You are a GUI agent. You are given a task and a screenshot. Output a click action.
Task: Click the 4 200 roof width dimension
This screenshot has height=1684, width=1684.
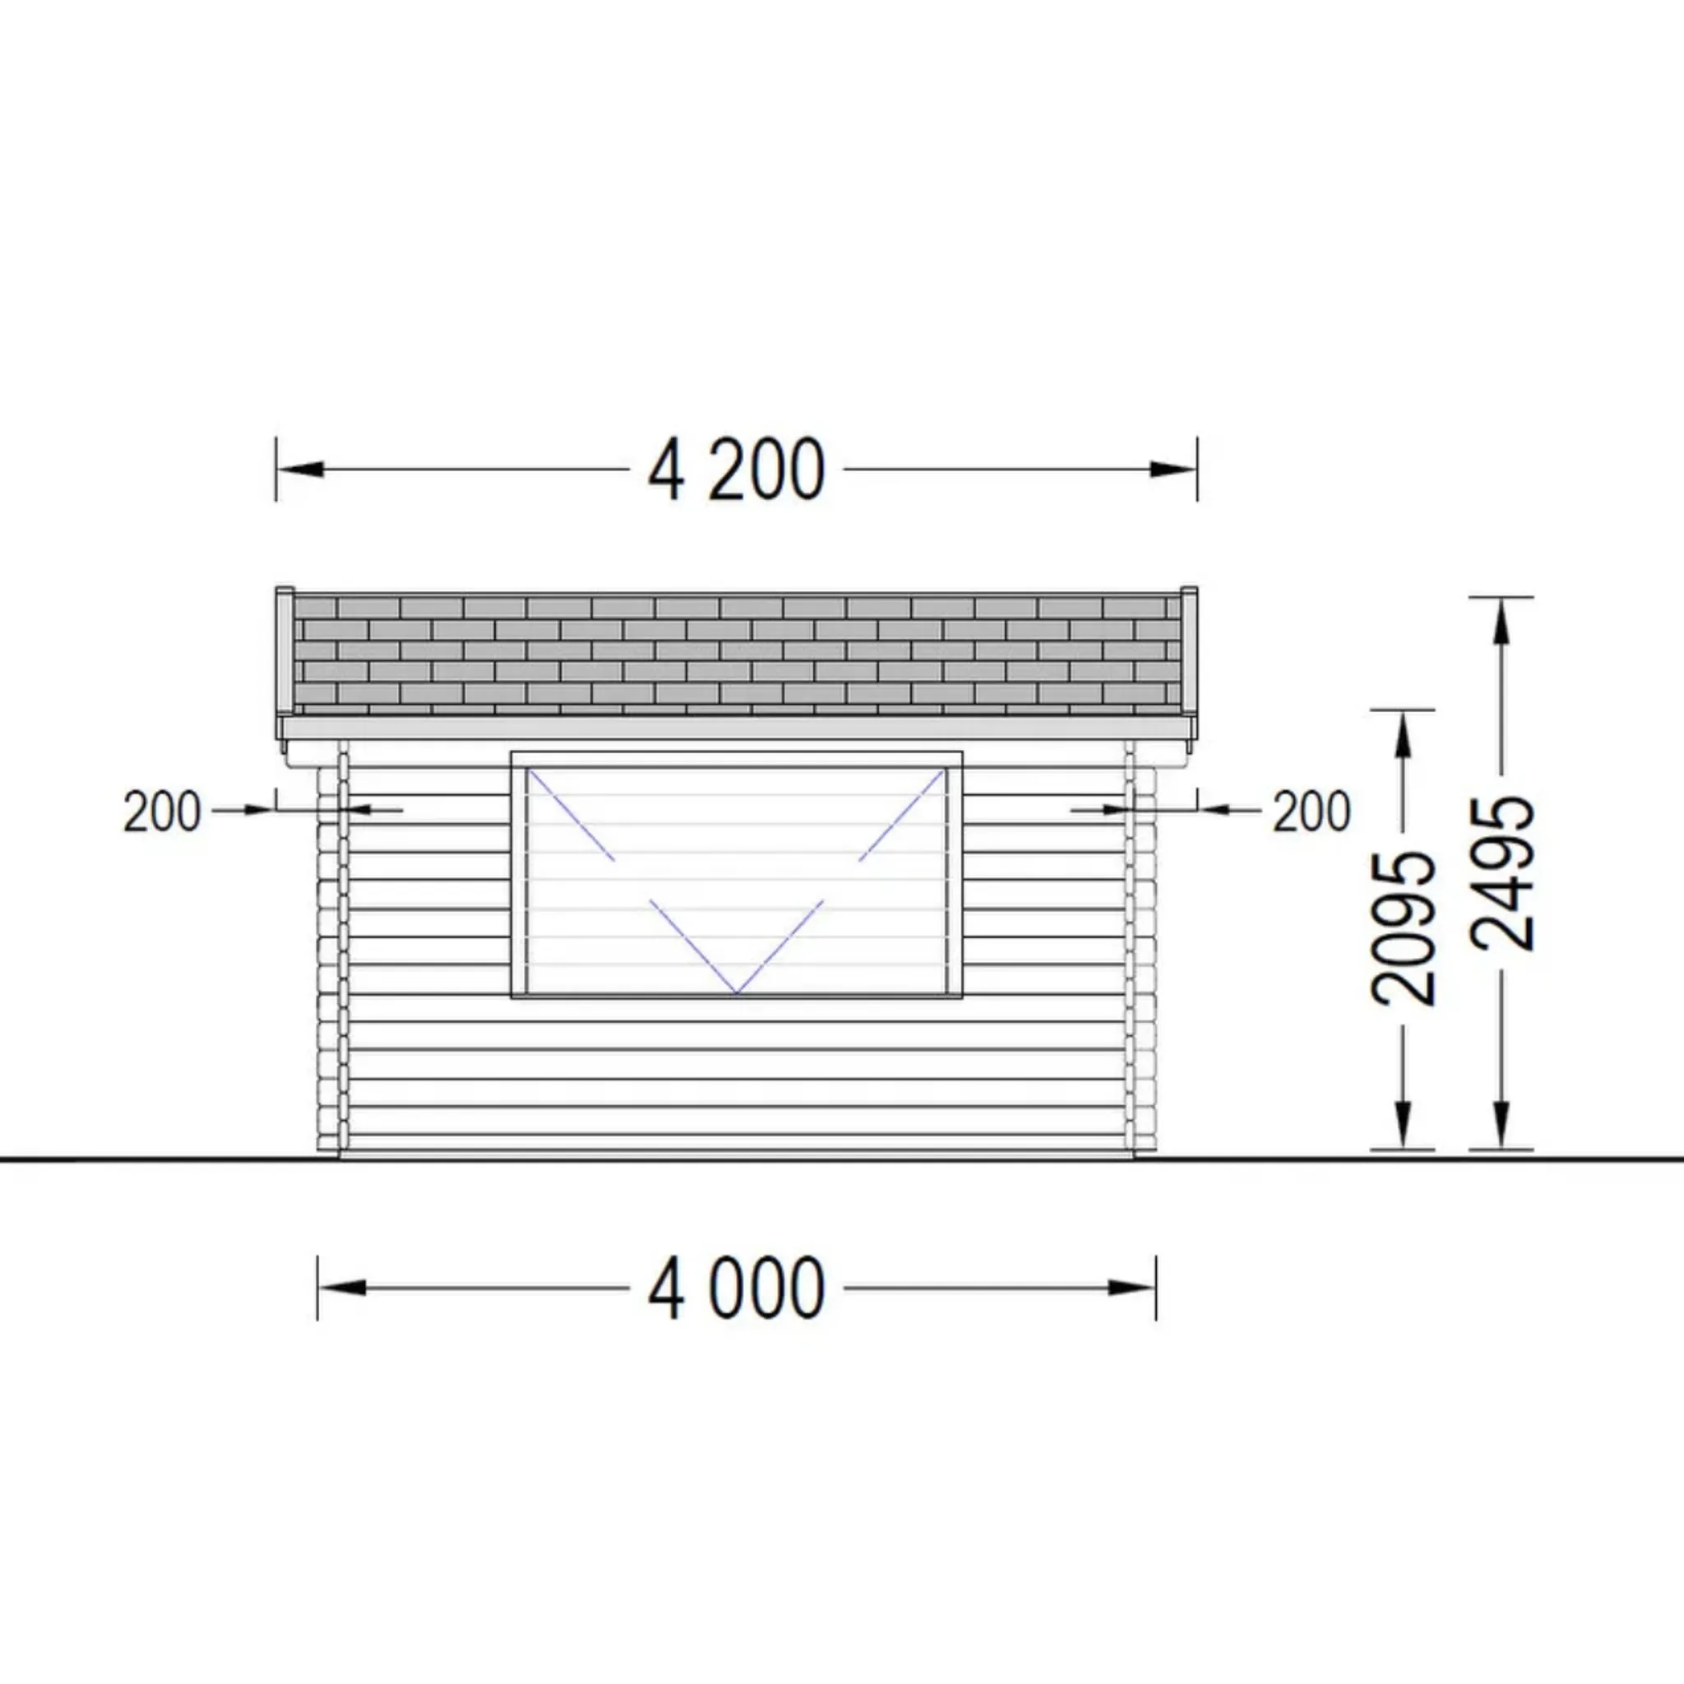[737, 470]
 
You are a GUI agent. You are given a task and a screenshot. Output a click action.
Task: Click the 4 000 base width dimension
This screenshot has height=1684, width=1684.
[737, 1288]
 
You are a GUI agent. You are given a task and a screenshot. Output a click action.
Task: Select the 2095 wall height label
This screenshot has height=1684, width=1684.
[1404, 928]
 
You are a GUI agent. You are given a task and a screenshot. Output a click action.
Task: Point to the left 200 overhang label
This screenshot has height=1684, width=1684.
[162, 812]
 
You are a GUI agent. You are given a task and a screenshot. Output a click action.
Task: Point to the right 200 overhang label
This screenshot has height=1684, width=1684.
[1312, 812]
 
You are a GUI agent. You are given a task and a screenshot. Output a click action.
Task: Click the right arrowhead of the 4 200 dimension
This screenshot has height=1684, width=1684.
[1173, 469]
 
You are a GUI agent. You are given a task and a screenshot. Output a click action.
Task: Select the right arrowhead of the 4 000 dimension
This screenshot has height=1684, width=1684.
[1131, 1288]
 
